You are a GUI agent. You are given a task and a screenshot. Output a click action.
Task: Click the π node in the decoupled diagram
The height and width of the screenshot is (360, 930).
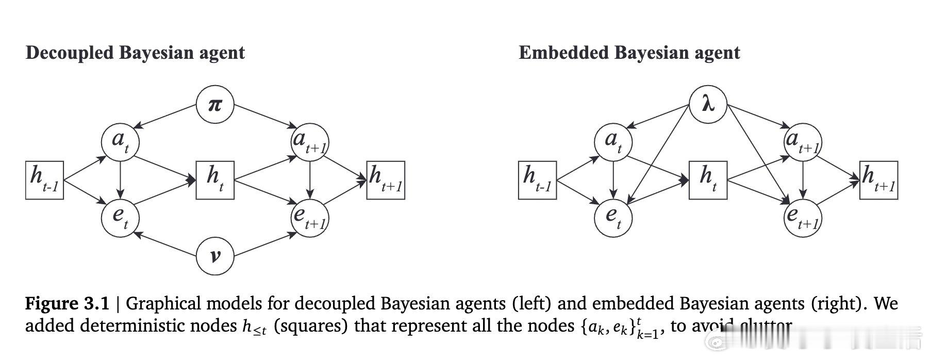click(215, 105)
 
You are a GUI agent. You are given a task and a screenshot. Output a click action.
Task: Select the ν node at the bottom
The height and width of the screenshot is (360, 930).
click(215, 255)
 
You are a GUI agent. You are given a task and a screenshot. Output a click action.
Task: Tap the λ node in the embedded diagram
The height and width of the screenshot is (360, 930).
click(708, 105)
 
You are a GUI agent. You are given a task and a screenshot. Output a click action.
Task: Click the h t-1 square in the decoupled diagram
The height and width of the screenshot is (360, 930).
click(44, 181)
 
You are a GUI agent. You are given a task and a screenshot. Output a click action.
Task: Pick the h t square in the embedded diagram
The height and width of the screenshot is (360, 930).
click(708, 180)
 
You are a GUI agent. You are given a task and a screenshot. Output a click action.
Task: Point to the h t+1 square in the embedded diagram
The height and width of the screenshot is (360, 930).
click(878, 180)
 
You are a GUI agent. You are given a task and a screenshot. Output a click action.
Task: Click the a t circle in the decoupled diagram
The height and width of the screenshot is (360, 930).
click(120, 141)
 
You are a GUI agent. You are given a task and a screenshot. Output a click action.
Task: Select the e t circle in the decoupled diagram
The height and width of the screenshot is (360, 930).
click(120, 218)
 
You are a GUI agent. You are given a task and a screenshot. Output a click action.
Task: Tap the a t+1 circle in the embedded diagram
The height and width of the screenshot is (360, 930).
click(802, 141)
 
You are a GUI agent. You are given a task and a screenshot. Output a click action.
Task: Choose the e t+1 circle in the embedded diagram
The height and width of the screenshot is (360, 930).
click(802, 218)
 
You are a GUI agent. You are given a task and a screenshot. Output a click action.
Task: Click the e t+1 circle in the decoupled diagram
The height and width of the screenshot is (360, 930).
click(309, 218)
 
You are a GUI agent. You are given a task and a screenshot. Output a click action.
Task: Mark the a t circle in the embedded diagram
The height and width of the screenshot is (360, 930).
click(613, 141)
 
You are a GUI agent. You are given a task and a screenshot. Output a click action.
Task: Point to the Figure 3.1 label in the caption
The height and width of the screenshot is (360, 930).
click(67, 303)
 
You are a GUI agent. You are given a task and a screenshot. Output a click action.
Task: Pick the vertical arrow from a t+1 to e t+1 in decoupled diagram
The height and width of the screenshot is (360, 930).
click(309, 178)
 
